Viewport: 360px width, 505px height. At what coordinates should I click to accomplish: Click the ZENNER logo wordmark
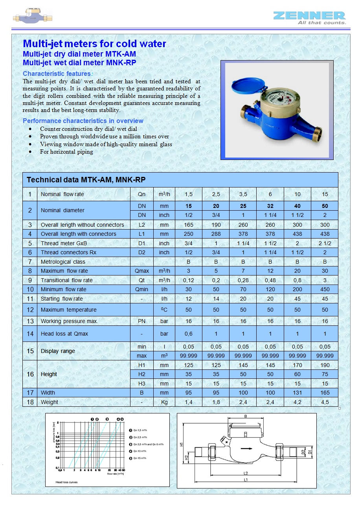[309, 16]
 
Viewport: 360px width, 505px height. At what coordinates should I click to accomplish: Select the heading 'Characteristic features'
[57, 73]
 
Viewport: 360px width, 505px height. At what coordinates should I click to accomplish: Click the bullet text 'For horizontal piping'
[66, 152]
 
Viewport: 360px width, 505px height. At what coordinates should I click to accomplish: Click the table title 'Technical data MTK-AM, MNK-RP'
[86, 180]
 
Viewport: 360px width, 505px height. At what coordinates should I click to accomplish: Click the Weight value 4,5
[325, 402]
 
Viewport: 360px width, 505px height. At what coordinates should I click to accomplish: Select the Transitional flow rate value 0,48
[270, 280]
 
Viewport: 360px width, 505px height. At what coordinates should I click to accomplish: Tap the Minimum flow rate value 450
[325, 289]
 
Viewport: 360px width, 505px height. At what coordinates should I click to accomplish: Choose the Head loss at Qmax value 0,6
[189, 334]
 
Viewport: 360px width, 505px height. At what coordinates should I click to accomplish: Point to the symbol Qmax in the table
[141, 271]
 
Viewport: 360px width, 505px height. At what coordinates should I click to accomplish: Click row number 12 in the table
[30, 310]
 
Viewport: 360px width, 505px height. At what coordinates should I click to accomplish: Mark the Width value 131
[297, 393]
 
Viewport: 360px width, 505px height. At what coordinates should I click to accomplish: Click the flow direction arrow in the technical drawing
[246, 448]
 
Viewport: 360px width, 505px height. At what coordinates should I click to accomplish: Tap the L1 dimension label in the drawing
[246, 480]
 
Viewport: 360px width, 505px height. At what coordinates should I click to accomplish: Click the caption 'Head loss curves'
[66, 482]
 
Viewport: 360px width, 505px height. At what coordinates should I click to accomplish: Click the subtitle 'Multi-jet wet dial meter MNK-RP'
[79, 62]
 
